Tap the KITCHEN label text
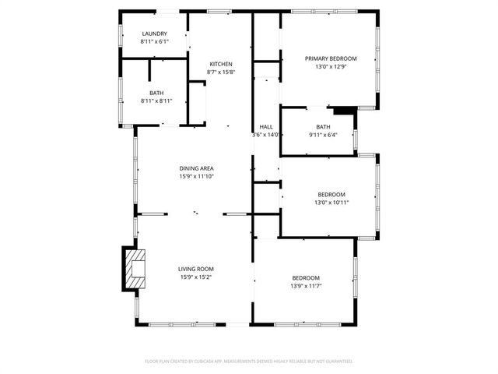[x=221, y=64]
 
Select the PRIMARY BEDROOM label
[x=331, y=58]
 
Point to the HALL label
[x=266, y=127]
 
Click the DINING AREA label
[x=196, y=168]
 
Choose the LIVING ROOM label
[x=196, y=269]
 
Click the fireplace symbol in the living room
[x=135, y=268]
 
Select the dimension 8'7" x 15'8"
[x=221, y=72]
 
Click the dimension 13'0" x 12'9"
[x=331, y=67]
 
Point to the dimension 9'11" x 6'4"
[x=323, y=135]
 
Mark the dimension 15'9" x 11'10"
[x=196, y=176]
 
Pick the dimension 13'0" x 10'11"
[x=331, y=203]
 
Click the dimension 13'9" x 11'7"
[x=306, y=286]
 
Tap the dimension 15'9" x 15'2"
[x=196, y=277]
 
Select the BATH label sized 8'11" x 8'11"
[x=156, y=93]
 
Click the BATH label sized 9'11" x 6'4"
[x=323, y=127]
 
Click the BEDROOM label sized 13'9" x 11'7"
[x=306, y=278]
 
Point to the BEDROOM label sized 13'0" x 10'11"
[x=331, y=194]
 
